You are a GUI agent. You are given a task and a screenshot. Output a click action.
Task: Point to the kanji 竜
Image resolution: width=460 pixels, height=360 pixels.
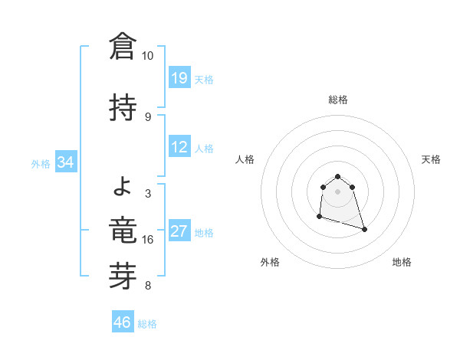123,227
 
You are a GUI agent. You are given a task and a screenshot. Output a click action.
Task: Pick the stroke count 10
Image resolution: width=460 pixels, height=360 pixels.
147,56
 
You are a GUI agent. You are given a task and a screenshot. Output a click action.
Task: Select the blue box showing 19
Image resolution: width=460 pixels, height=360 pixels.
179,78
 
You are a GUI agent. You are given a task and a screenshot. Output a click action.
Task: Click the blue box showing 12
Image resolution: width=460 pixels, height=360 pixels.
179,147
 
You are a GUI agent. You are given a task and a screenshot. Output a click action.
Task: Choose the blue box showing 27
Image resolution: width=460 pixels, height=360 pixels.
179,231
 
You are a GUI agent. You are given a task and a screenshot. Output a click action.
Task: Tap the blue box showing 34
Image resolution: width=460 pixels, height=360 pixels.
66,162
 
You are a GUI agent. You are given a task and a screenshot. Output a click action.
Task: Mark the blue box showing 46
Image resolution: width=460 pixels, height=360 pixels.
123,322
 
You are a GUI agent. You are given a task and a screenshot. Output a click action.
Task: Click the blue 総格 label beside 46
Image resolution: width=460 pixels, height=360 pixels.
147,324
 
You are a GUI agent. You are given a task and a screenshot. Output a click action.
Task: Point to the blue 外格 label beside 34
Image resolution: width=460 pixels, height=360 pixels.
41,163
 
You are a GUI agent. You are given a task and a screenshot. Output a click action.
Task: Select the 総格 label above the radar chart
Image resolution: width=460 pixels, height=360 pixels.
338,100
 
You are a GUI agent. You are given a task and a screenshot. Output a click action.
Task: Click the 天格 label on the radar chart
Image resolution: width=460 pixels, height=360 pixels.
432,159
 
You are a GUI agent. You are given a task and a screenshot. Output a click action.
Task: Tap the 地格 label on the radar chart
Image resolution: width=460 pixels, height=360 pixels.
402,263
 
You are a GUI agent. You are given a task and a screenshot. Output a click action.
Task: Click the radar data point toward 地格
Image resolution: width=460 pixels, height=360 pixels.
364,229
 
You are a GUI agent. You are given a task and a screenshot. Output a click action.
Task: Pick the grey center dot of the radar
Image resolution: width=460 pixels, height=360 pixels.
337,191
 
